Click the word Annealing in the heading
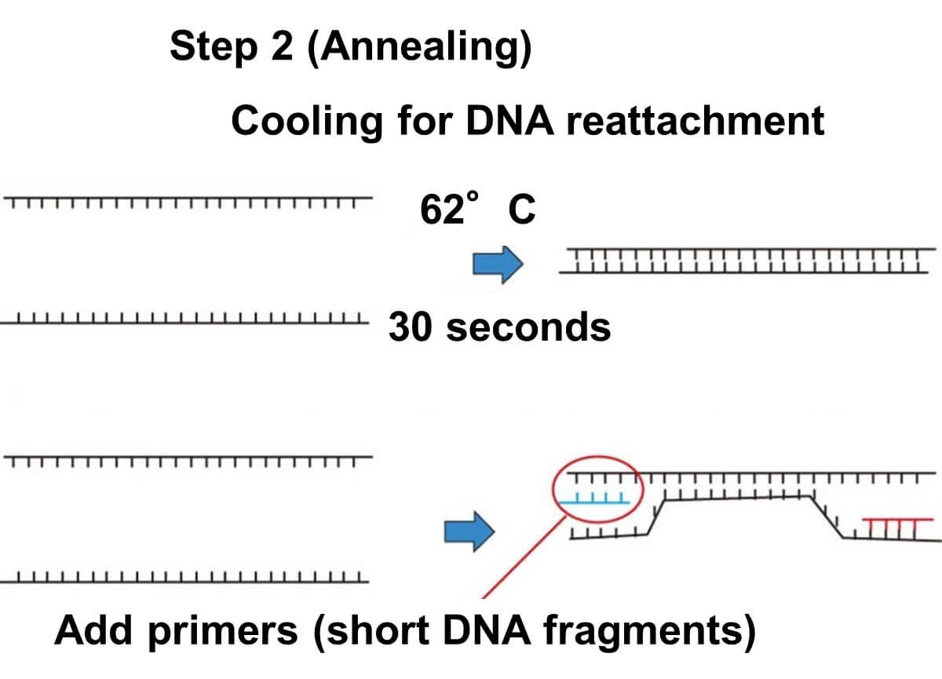coord(419,48)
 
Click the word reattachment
coord(694,122)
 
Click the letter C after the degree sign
coord(522,210)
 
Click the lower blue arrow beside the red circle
coord(469,533)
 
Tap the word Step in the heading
coord(211,48)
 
